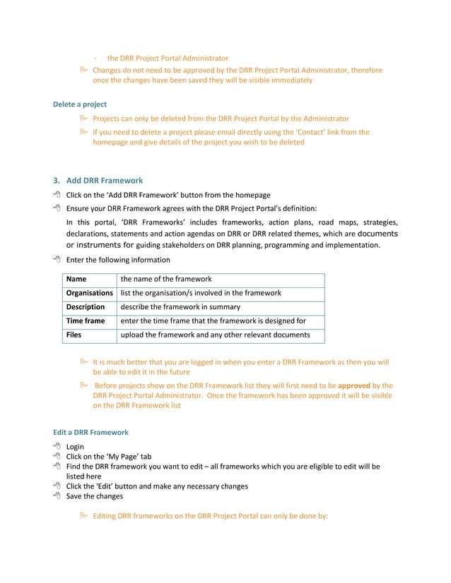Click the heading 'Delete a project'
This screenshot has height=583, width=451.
[80, 104]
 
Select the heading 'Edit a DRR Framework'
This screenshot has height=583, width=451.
[90, 432]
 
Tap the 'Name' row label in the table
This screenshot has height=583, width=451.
[76, 280]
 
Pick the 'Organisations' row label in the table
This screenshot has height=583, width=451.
[89, 293]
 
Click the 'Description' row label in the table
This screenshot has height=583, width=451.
[85, 307]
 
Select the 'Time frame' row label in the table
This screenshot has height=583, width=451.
[85, 320]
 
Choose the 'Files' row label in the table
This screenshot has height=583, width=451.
[74, 335]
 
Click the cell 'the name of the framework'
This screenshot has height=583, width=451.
[166, 280]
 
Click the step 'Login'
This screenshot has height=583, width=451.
[75, 447]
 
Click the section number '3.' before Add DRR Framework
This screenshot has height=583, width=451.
[57, 180]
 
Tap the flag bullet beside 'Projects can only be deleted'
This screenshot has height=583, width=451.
[83, 119]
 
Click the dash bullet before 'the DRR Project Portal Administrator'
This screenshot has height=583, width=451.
[95, 58]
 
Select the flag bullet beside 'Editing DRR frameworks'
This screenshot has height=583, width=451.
[83, 517]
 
